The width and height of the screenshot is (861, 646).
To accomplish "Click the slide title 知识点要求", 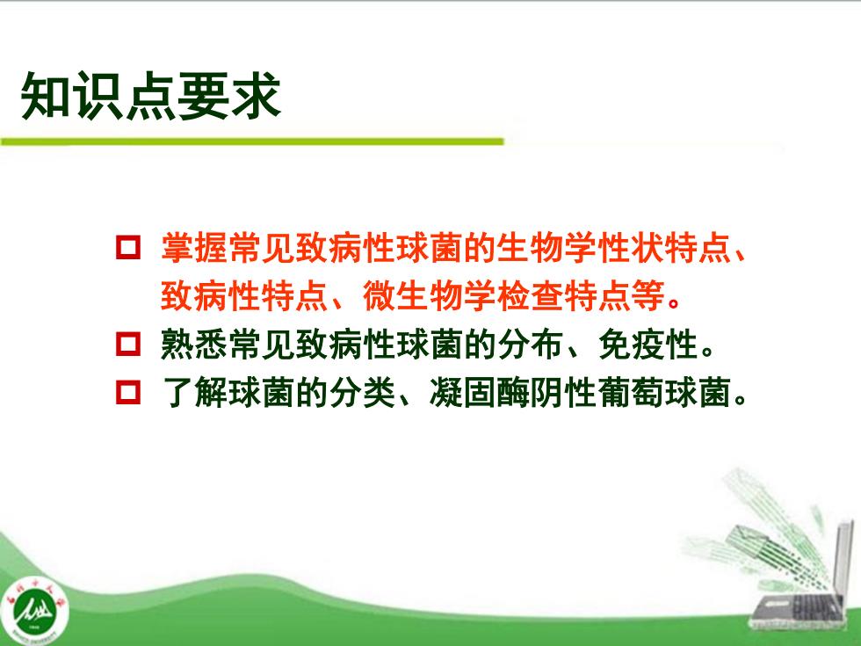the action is (151, 96).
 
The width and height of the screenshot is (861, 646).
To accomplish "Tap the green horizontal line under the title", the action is (252, 142).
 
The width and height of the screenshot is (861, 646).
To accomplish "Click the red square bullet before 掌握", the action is (128, 248).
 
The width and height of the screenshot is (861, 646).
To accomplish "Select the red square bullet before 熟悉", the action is (128, 345).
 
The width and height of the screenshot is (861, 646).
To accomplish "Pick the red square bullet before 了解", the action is (128, 393).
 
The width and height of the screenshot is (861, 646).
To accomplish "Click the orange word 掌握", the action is (194, 248).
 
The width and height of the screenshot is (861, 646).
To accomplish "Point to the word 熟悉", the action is (194, 345).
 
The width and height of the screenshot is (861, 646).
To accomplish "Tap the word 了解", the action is (194, 393).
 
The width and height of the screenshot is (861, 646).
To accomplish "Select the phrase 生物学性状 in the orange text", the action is (581, 248).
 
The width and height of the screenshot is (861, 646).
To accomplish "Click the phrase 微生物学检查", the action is (464, 296).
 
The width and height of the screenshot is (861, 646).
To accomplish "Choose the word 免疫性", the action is (648, 345).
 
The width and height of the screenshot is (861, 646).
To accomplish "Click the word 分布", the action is (531, 345).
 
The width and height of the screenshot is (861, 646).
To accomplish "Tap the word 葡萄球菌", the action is (665, 393).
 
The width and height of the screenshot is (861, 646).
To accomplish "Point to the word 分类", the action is (363, 393).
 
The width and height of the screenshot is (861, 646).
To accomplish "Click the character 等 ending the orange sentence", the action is (648, 296).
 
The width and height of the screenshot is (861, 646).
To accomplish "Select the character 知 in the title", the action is (45, 96).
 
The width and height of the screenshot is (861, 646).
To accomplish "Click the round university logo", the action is (35, 610).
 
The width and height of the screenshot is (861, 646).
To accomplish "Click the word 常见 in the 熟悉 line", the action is (262, 345).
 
